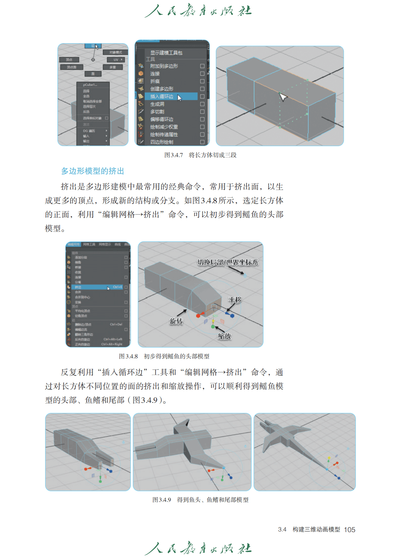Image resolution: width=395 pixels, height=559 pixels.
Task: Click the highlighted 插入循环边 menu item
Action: [162, 97]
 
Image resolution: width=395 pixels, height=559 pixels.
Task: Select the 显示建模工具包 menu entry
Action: [166, 53]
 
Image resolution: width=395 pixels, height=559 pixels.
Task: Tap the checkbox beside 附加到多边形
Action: [202, 66]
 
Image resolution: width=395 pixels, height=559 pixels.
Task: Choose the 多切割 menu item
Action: [157, 112]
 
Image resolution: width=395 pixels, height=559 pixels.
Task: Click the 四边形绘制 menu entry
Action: [162, 142]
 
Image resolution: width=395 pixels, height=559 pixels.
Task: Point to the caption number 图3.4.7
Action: [174, 155]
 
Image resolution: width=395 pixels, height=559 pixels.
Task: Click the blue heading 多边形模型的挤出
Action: [93, 171]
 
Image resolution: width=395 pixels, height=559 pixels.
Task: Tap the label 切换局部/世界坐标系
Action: [228, 262]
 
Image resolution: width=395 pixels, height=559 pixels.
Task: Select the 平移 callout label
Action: [235, 300]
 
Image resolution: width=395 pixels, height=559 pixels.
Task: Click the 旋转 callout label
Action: [176, 321]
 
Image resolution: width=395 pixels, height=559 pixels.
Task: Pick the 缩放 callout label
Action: [224, 336]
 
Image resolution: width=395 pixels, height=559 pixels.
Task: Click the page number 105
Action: [350, 530]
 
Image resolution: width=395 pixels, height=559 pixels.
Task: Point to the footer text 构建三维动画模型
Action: [316, 529]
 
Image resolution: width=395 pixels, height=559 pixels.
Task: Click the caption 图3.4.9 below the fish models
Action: [162, 500]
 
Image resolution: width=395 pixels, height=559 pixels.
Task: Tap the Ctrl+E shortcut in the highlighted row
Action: [118, 287]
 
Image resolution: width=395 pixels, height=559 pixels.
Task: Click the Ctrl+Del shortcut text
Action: [116, 325]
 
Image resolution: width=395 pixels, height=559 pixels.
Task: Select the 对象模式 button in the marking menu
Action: [116, 52]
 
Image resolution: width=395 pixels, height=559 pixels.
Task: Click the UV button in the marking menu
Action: [116, 60]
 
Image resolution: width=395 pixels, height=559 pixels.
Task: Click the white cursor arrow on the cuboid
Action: [282, 97]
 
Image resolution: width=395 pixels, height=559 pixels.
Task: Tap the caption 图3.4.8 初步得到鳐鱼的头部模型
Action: [164, 356]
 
